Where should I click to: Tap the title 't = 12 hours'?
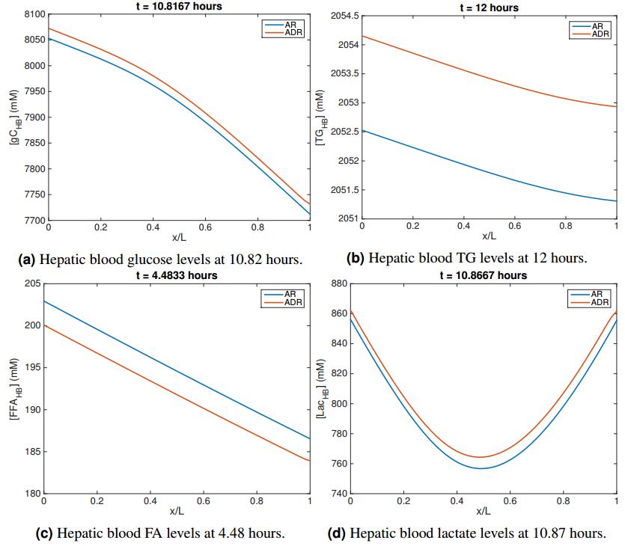489,7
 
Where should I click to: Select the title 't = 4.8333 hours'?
177,275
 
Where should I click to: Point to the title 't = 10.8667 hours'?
484,275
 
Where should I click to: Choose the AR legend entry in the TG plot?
597,26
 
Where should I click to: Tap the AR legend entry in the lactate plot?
597,295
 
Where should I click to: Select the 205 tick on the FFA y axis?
31,283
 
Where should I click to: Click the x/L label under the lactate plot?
484,512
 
